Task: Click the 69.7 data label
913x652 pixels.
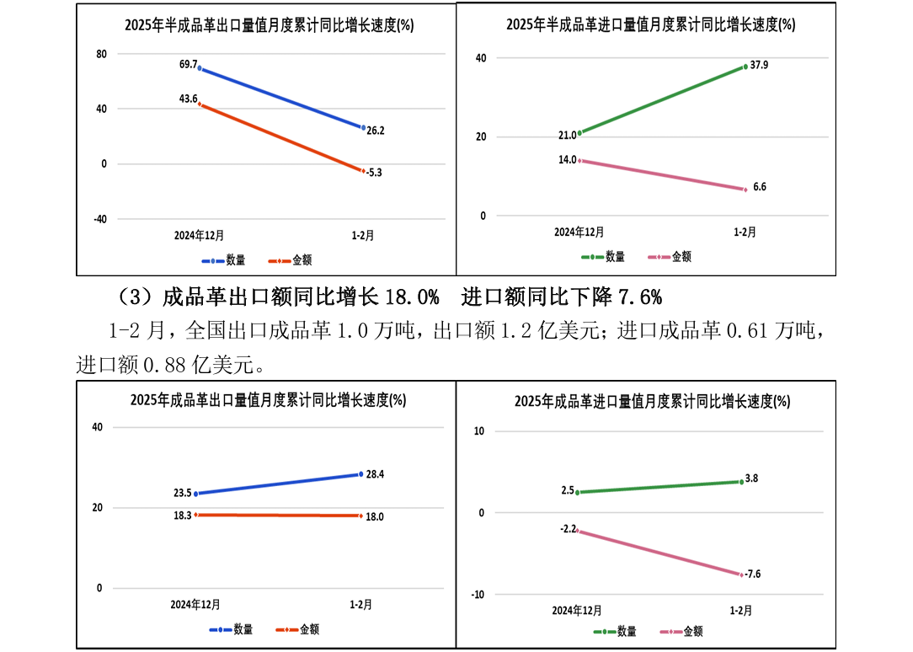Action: (188, 64)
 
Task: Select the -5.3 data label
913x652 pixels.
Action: (375, 173)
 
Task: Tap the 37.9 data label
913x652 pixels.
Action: (759, 65)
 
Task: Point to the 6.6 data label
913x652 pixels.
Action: (759, 187)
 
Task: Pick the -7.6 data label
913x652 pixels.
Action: (753, 574)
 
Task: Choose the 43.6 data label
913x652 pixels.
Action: (188, 99)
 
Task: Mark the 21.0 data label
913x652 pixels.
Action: (567, 135)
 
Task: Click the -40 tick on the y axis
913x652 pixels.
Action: (99, 219)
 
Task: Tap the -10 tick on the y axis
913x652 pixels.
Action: (478, 595)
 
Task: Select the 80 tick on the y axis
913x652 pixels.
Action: (102, 55)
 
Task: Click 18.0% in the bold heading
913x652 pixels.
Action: (412, 297)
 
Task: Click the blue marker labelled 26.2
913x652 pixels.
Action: (363, 128)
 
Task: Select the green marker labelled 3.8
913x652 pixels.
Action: (741, 482)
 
